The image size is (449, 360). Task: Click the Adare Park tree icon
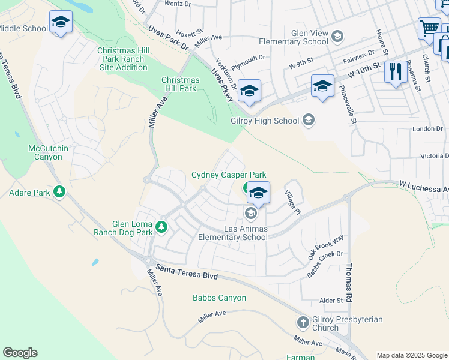point(59,192)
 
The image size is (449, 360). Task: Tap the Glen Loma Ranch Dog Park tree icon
point(161,227)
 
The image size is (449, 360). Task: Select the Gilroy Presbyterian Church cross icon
point(302,323)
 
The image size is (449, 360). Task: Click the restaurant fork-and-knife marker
point(395,73)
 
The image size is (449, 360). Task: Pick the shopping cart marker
point(429,28)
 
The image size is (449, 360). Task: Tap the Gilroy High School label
point(265,121)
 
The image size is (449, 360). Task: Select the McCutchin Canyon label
point(45,152)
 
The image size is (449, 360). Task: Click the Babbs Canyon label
point(219,298)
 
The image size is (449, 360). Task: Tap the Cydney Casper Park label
point(228,175)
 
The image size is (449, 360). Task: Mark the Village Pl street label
point(292,204)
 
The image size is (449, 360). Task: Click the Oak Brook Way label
point(326,247)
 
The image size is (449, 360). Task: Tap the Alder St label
point(331,300)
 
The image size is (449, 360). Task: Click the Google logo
point(20,353)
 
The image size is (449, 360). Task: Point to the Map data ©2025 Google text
point(412,355)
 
